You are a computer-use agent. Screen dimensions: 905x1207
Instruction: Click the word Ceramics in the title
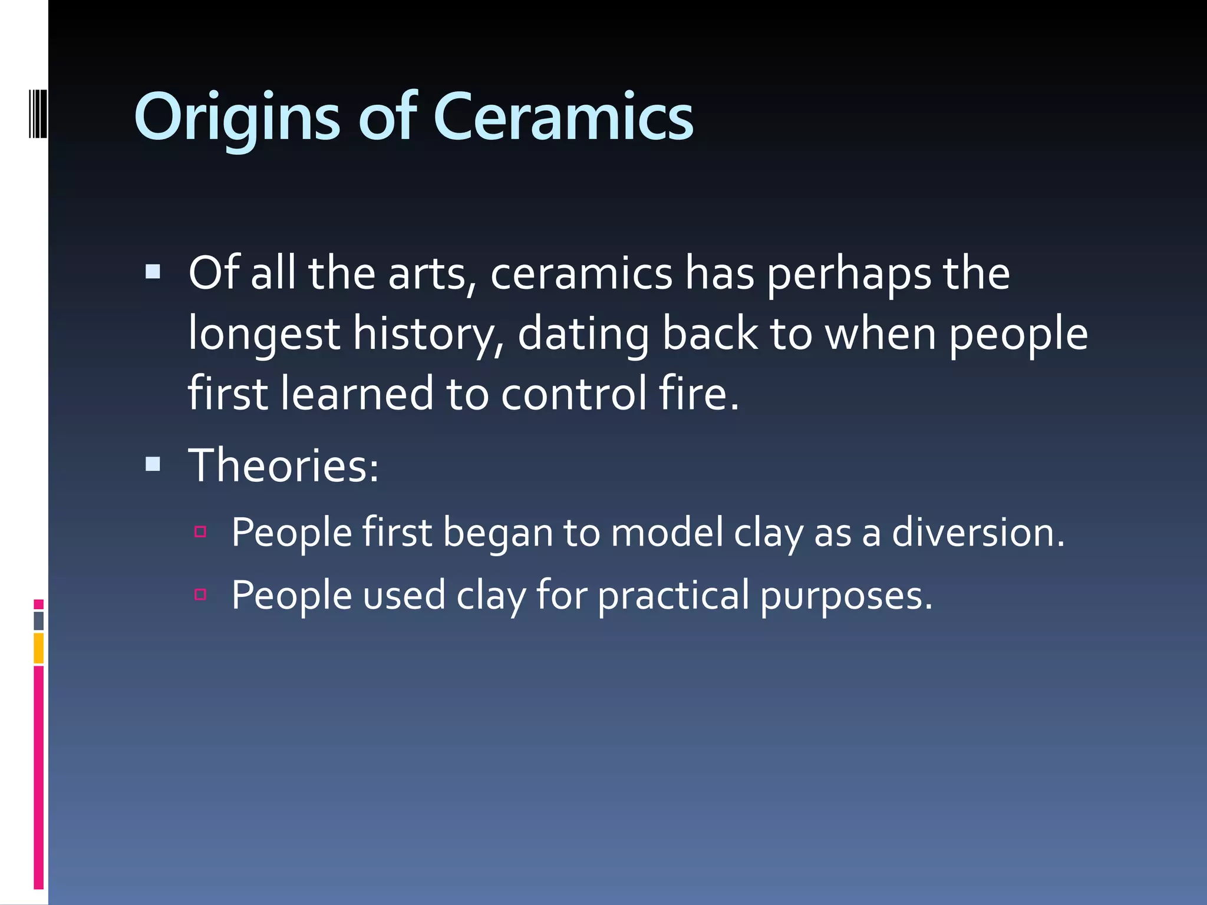563,118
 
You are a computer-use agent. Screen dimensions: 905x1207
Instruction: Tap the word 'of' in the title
388,118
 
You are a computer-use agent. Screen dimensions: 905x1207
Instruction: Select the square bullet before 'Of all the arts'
153,272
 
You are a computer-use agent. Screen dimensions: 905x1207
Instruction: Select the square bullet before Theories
153,464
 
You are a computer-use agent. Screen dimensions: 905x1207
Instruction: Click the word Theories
283,465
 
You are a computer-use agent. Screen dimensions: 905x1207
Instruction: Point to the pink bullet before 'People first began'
200,532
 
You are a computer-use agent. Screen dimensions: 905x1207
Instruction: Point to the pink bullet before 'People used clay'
200,594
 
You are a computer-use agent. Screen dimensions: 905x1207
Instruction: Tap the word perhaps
849,274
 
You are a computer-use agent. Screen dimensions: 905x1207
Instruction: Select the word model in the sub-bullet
667,532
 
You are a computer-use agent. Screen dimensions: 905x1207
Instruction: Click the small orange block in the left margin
39,648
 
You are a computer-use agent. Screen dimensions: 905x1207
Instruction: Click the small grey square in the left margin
39,620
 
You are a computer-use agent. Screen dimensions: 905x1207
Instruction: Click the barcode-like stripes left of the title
38,113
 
